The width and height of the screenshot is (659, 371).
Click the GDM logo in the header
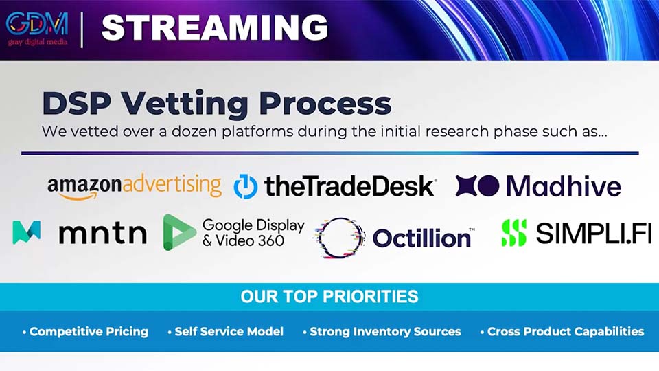tap(37, 27)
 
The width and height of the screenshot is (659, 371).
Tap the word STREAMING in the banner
tap(215, 27)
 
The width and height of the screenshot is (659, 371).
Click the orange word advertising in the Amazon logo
tap(172, 185)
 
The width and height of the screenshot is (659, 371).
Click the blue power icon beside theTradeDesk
tap(246, 186)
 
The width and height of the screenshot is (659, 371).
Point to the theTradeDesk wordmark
tap(349, 187)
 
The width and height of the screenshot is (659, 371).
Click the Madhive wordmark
tap(563, 186)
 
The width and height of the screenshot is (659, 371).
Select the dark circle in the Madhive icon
tap(488, 186)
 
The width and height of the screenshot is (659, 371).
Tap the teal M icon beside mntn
tap(27, 233)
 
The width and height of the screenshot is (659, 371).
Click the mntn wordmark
tap(102, 234)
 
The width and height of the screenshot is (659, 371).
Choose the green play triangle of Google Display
tap(178, 232)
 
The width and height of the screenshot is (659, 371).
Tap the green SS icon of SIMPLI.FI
tap(513, 233)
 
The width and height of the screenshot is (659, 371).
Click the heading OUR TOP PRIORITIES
tap(329, 297)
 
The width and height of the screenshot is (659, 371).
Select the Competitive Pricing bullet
tap(86, 331)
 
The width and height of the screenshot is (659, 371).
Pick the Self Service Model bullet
tap(226, 331)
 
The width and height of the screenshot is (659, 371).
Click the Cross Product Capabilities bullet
tap(562, 331)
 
